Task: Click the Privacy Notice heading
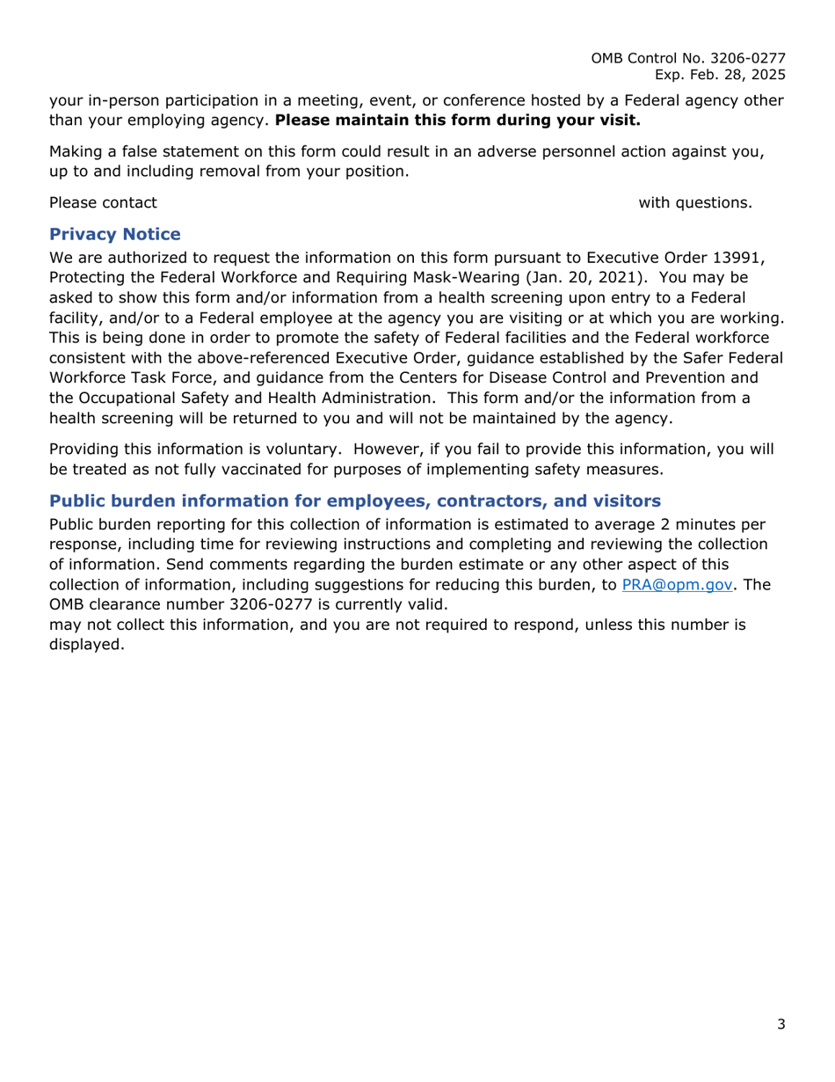click(115, 235)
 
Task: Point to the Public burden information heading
click(354, 502)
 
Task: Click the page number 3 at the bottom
click(781, 1024)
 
